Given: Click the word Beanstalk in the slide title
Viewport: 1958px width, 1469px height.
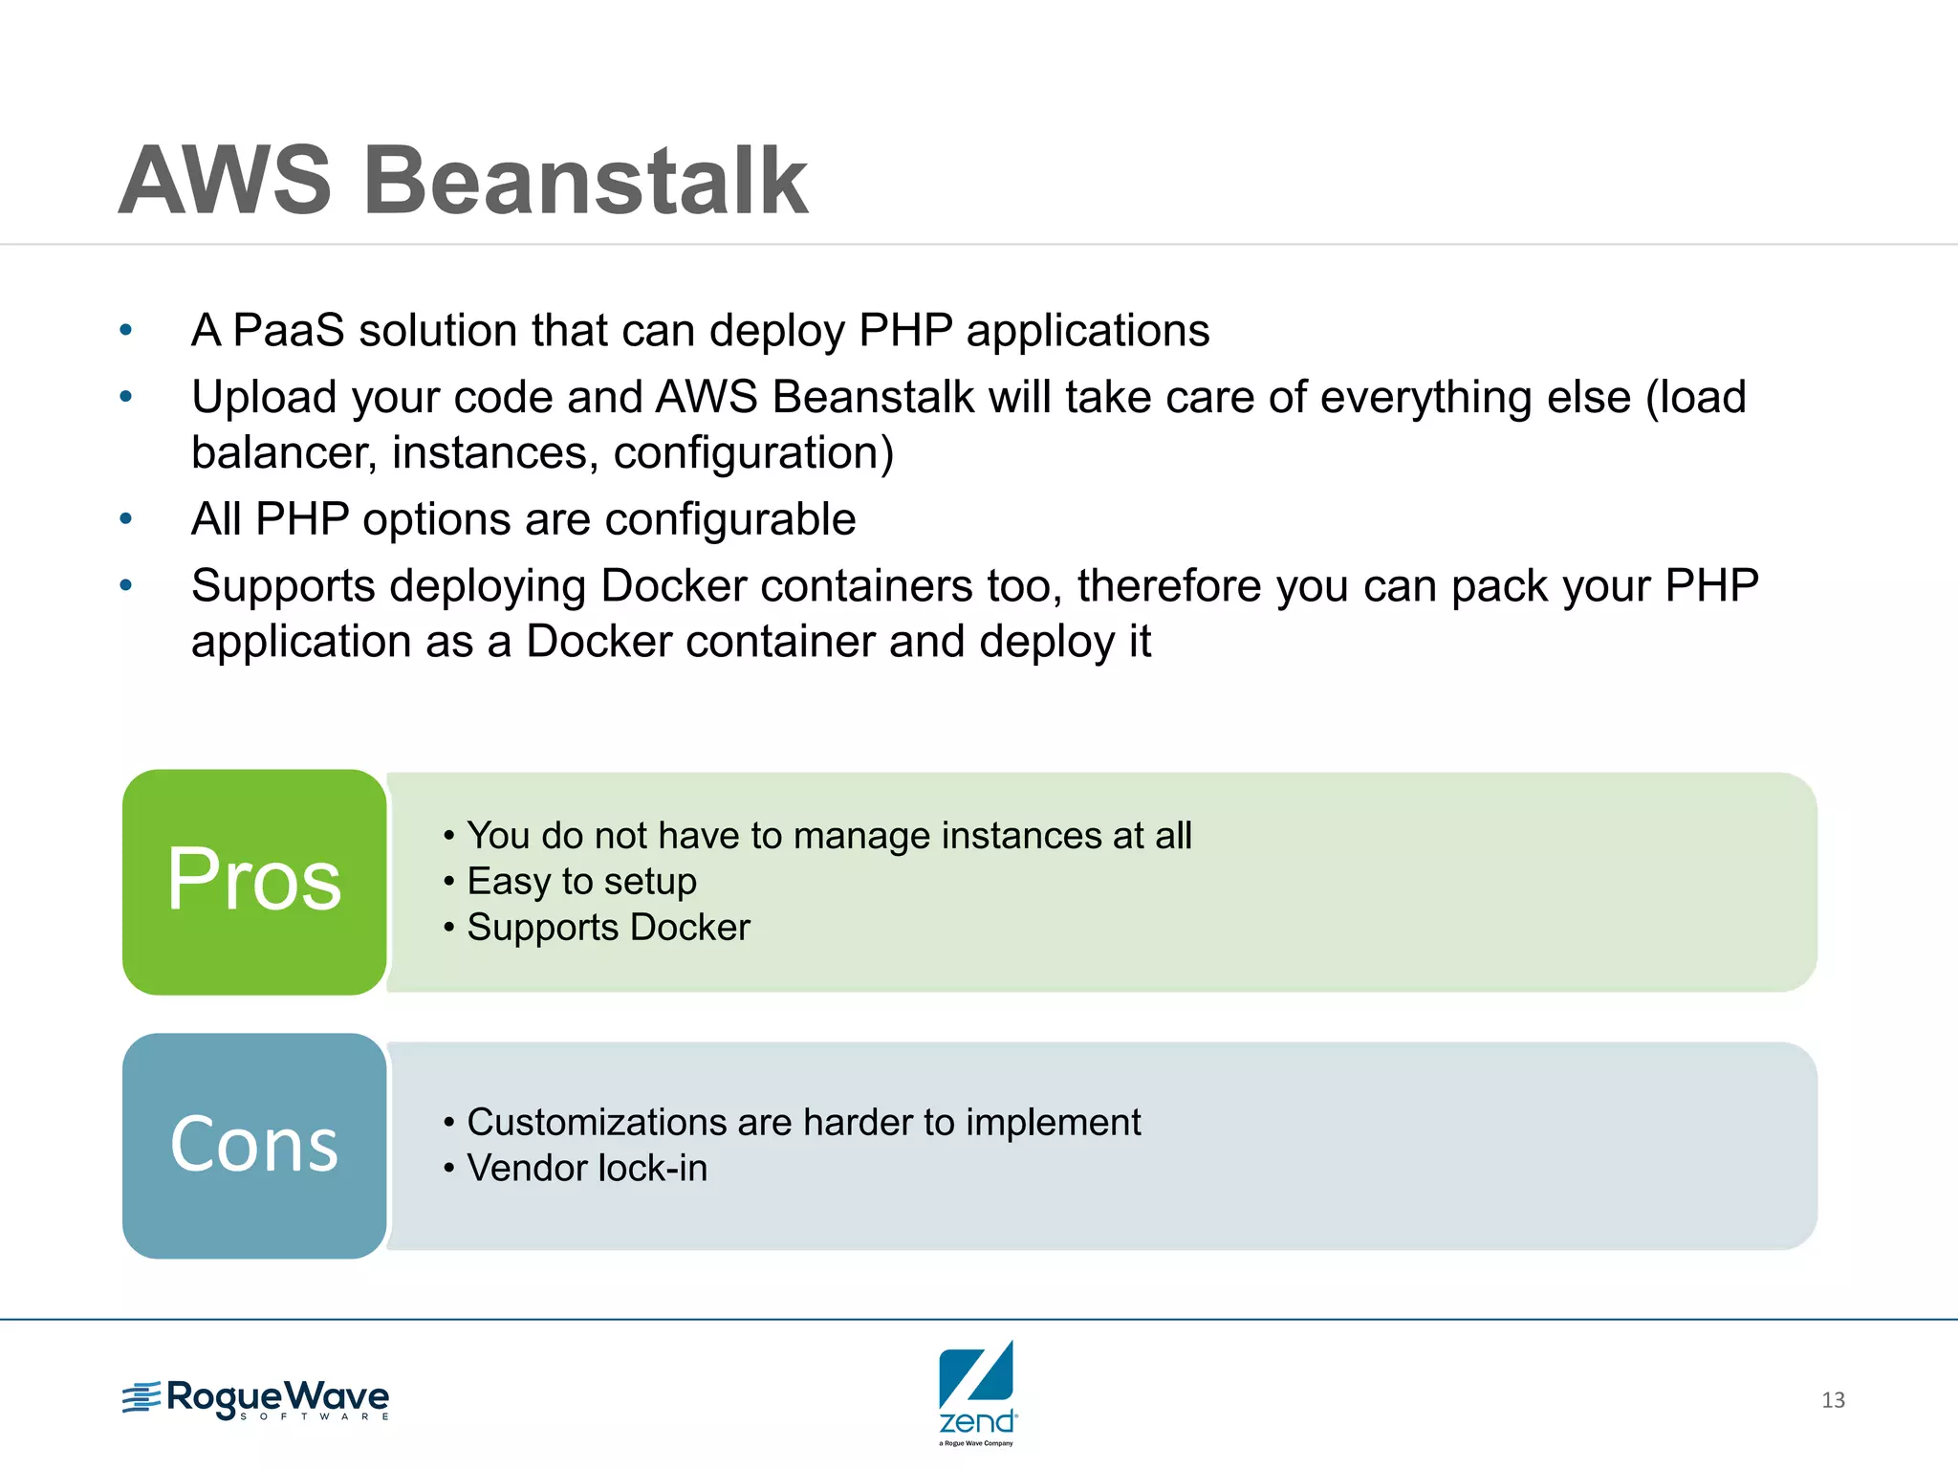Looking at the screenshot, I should (585, 182).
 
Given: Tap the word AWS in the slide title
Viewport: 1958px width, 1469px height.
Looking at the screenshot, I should (226, 182).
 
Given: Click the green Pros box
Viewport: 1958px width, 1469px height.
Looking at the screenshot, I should (254, 881).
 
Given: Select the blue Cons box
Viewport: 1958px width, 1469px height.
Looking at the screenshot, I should (254, 1145).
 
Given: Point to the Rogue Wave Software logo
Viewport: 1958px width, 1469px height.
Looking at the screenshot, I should (256, 1399).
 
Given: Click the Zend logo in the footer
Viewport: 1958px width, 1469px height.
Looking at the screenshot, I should (977, 1392).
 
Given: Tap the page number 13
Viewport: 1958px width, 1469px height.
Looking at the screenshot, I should (1833, 1400).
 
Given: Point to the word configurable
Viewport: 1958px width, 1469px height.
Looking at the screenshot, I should (729, 520).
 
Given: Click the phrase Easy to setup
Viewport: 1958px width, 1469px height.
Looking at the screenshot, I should (581, 881).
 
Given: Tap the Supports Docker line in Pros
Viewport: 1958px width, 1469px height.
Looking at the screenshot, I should (608, 928).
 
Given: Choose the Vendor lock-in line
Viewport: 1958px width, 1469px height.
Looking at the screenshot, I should (587, 1168).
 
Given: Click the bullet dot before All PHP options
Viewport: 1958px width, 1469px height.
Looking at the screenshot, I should (125, 520).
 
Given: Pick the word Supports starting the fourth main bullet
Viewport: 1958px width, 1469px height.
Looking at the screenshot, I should (283, 586).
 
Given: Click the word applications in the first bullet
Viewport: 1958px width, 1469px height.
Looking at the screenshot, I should (1087, 331).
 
